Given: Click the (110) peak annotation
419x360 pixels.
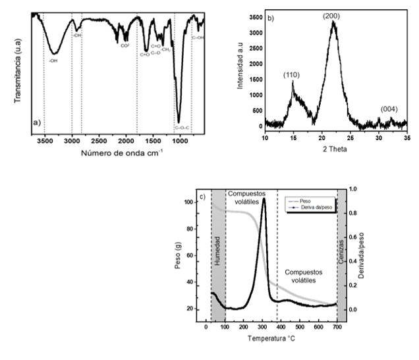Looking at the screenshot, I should [x=291, y=75].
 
